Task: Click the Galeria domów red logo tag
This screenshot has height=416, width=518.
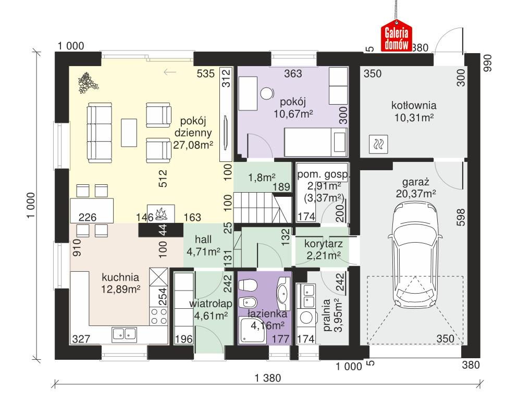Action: coord(397,38)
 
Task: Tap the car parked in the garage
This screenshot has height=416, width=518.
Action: coord(416,255)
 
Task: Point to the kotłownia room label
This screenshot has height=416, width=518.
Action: coord(414,105)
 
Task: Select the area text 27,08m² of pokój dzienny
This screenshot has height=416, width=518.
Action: coord(193,145)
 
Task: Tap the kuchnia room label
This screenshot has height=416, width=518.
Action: coord(120,276)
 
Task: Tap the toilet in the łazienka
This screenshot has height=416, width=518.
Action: coord(248,285)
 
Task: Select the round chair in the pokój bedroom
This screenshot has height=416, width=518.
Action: coord(267,93)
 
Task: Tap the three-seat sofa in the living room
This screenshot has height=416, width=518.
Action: coord(100,133)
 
